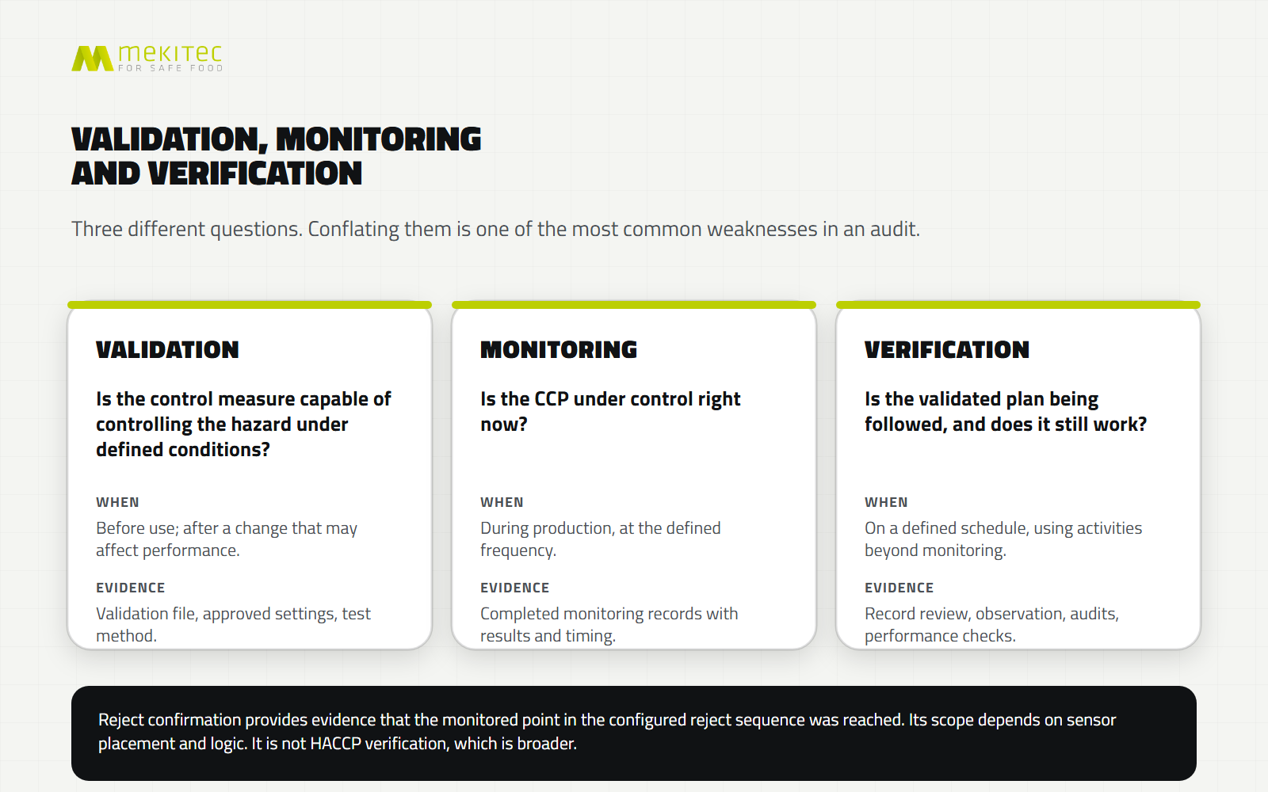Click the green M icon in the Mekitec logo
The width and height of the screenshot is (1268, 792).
92,59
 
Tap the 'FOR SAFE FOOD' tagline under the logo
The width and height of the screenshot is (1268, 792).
170,68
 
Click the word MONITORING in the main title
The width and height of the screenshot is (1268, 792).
378,139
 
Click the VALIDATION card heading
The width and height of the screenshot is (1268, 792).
167,349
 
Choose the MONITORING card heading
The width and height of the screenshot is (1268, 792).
559,349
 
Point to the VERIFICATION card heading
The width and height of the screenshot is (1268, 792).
947,349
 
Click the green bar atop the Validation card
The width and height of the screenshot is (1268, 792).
250,305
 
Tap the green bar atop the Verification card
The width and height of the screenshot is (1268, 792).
1018,305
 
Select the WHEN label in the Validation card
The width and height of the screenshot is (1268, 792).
118,502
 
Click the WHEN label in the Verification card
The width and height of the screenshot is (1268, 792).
887,502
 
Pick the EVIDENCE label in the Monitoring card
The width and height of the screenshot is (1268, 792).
515,588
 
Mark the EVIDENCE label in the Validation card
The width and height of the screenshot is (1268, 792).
131,588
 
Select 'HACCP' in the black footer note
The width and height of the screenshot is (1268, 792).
336,744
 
